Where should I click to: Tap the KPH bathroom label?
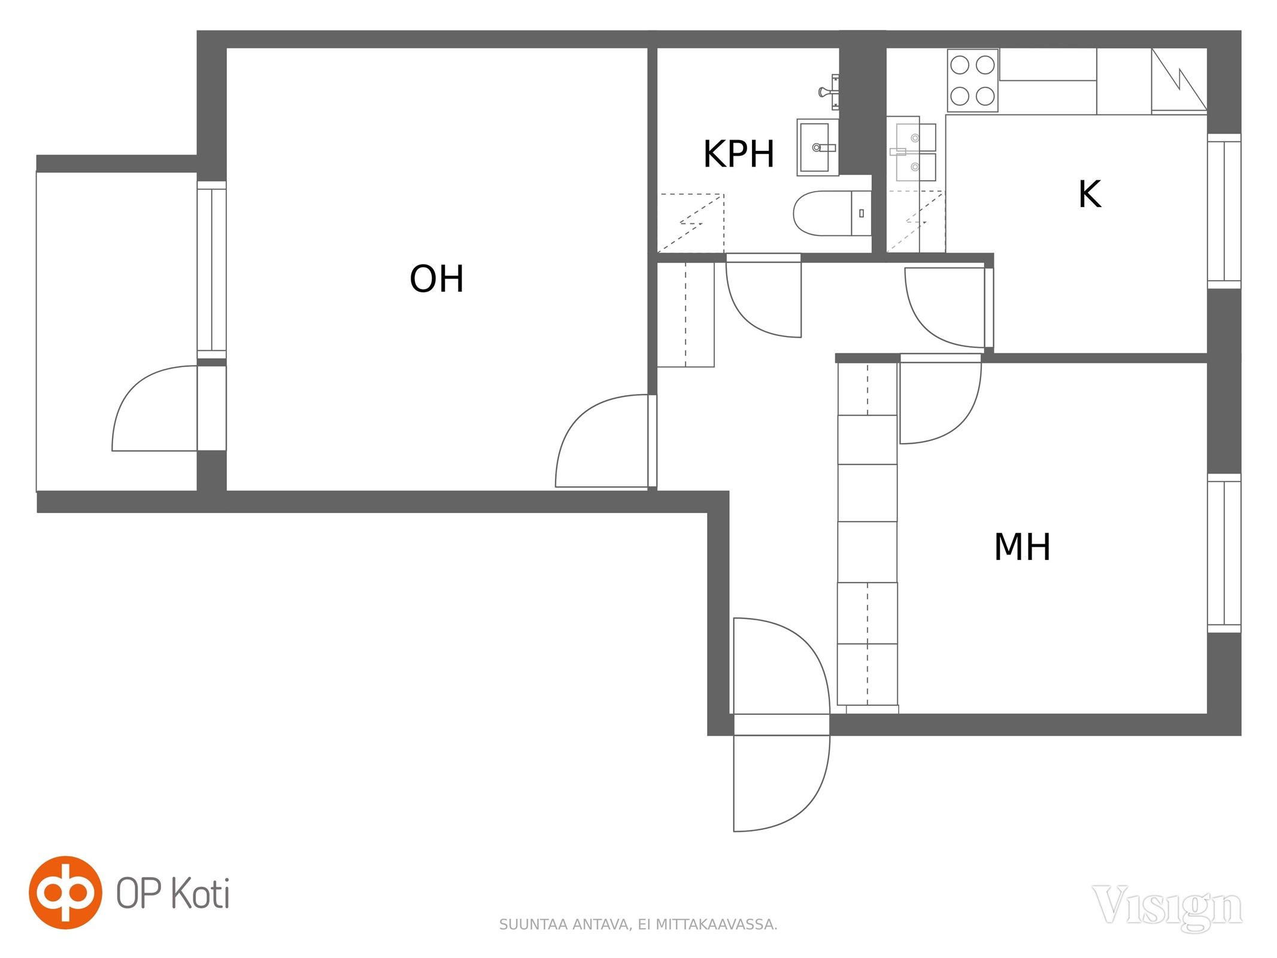739,154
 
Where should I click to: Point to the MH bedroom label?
1022,547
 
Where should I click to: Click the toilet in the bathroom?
832,213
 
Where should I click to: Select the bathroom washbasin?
818,147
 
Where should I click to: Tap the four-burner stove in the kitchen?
972,80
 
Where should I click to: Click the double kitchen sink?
915,152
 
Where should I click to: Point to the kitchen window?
1224,211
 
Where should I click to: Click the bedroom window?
1224,553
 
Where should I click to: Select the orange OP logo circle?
65,892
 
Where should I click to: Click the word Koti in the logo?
200,893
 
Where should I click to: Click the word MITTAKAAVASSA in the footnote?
716,924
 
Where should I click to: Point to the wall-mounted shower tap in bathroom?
829,92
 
